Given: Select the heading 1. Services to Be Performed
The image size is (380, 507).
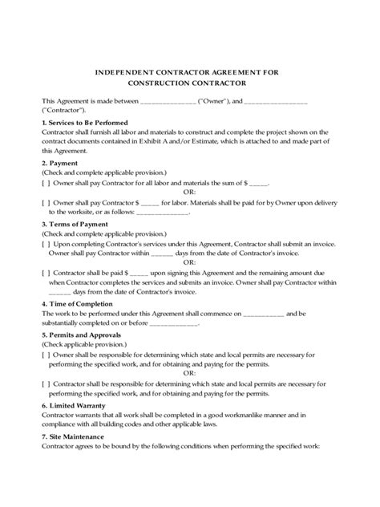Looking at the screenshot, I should (80, 121).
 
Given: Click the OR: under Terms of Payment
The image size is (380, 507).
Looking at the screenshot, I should (189, 262).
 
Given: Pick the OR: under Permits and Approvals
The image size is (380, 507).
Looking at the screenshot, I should (189, 372).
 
